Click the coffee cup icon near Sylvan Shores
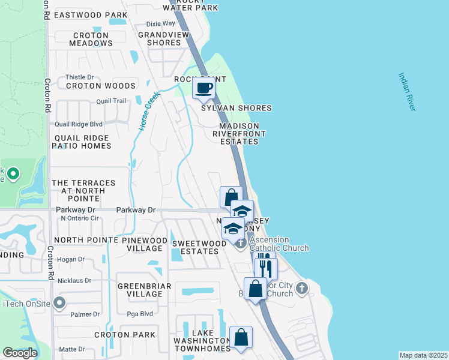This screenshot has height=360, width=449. (x=204, y=88)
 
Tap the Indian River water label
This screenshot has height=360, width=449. (x=406, y=92)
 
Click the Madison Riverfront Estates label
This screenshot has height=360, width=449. (x=238, y=134)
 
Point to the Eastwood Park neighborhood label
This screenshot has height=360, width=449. (x=91, y=14)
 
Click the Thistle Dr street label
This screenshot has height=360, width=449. (x=80, y=77)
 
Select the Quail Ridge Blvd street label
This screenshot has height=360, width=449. (x=79, y=124)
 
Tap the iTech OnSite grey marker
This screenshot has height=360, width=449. (x=59, y=303)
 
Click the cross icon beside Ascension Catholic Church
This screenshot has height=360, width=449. (x=241, y=243)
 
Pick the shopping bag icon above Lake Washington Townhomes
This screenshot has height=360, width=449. (x=241, y=338)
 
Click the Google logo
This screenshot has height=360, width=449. (x=20, y=353)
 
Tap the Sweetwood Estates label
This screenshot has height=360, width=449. (x=195, y=247)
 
